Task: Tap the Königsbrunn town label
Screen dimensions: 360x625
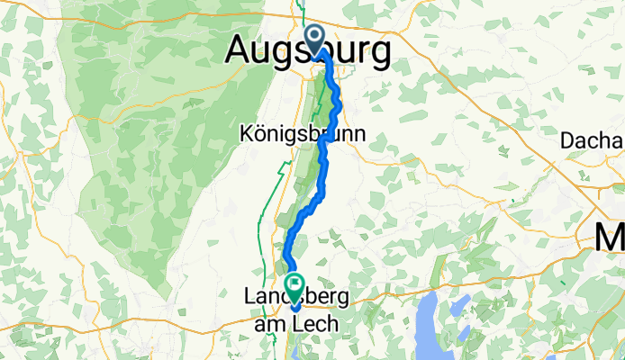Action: [x=303, y=133]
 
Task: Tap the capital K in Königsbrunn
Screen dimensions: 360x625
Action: [x=246, y=133]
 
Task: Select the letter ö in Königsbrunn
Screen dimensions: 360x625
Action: [x=258, y=133]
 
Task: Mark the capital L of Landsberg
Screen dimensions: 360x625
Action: [x=249, y=296]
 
